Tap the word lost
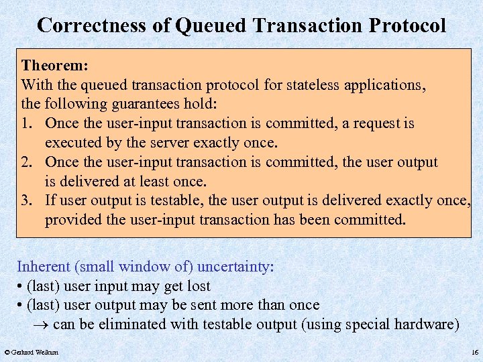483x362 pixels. (197, 286)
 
